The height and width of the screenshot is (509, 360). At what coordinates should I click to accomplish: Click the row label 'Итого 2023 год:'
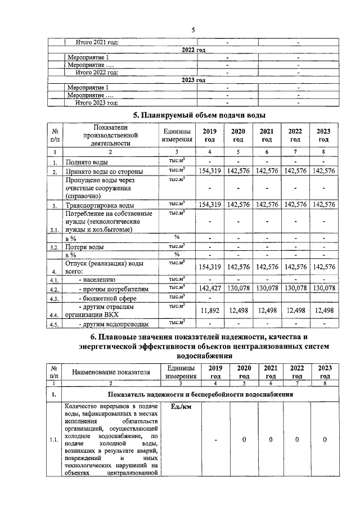coord(97,102)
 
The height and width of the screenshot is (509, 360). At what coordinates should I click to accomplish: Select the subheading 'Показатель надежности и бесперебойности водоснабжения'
coord(201,395)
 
